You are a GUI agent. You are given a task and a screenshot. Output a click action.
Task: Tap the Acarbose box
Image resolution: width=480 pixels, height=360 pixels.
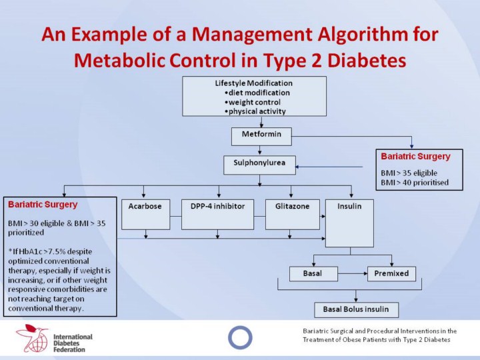tap(145, 213)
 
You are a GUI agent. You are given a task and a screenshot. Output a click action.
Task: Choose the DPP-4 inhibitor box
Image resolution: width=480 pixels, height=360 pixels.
tap(217, 213)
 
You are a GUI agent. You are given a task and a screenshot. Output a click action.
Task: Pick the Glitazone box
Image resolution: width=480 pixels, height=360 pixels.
tap(292, 213)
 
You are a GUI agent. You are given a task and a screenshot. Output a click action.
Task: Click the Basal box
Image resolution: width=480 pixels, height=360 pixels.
tap(313, 273)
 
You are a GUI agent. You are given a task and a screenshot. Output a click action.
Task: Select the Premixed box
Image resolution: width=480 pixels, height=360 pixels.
tap(391, 273)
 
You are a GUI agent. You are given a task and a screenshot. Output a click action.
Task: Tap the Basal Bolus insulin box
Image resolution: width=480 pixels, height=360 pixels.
tap(356, 309)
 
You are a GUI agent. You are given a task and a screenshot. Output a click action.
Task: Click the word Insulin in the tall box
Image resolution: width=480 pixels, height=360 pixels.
tap(349, 207)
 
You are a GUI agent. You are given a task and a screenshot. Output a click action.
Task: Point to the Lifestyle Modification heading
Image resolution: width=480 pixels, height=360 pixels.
tap(253, 83)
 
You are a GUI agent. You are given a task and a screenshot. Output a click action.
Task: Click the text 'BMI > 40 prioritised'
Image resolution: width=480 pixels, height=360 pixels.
tap(414, 182)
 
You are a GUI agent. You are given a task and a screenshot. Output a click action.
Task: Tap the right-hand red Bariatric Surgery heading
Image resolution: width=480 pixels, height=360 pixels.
tap(415, 157)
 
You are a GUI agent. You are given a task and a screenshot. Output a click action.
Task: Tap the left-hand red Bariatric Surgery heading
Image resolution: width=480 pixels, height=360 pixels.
tap(43, 205)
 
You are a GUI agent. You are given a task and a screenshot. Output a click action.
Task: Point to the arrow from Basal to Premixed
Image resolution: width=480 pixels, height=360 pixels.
tap(352, 273)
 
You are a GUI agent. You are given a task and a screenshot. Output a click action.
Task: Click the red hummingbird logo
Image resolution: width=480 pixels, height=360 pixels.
tap(33, 338)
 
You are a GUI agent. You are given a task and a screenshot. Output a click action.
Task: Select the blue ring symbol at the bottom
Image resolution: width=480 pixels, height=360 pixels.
tap(240, 337)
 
